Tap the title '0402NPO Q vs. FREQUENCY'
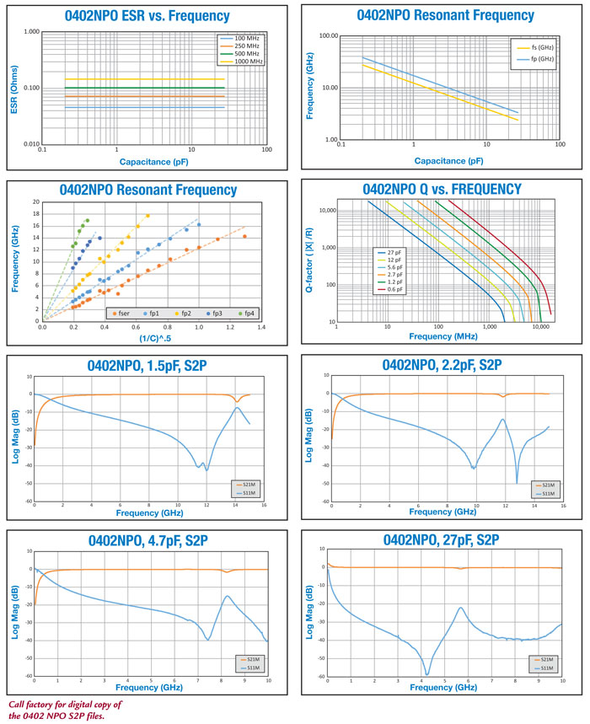(442, 190)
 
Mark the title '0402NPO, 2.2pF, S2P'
(442, 366)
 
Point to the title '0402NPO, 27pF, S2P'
(442, 540)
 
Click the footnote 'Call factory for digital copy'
(66, 703)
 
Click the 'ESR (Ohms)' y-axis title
(13, 88)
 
